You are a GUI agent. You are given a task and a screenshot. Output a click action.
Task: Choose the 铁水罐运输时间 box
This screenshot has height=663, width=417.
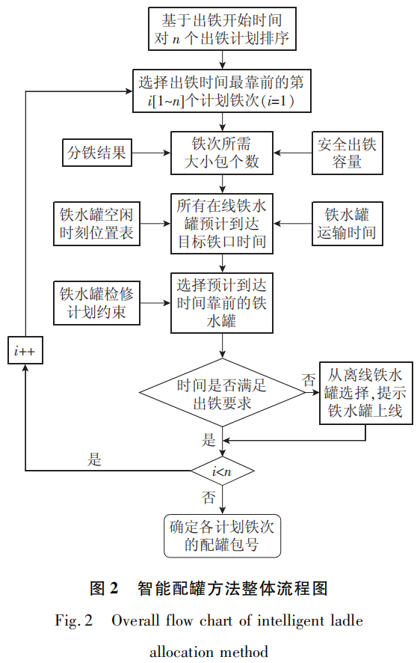tap(350, 222)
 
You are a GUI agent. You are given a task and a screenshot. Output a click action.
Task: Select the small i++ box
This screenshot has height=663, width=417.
tap(25, 350)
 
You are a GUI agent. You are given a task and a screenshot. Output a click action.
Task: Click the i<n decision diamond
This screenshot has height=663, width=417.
tap(222, 471)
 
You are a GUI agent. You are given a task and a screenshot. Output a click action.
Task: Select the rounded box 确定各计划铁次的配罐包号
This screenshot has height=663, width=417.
tap(222, 535)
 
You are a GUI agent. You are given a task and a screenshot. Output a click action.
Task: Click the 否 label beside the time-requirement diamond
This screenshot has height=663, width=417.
tap(308, 379)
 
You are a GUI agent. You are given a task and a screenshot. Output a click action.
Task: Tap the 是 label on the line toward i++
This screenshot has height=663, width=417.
tap(94, 459)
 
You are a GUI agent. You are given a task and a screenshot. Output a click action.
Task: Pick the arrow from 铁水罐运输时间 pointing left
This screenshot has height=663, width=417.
tap(293, 222)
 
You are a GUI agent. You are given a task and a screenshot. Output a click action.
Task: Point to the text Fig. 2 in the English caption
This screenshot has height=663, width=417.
tap(74, 620)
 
